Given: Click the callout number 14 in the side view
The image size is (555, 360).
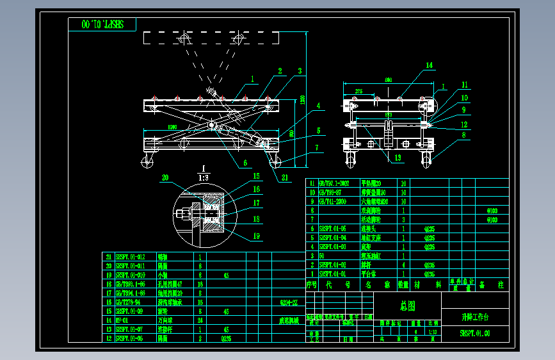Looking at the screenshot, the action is click(430, 65).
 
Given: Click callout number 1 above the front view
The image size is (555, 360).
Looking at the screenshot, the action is click(253, 79).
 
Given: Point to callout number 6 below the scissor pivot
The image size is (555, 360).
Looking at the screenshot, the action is click(244, 163).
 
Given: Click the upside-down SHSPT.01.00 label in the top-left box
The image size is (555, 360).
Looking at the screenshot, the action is click(102, 25).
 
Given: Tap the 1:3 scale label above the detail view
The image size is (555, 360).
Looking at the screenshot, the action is click(204, 177).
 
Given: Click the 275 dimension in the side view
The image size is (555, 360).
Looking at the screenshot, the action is click(358, 92).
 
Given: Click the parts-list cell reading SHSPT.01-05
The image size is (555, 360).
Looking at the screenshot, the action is click(333, 228).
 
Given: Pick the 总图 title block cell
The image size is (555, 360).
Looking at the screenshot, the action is click(406, 307).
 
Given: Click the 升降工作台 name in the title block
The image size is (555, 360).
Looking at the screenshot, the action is click(475, 317).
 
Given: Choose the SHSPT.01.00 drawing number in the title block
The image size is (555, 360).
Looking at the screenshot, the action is click(475, 333).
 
